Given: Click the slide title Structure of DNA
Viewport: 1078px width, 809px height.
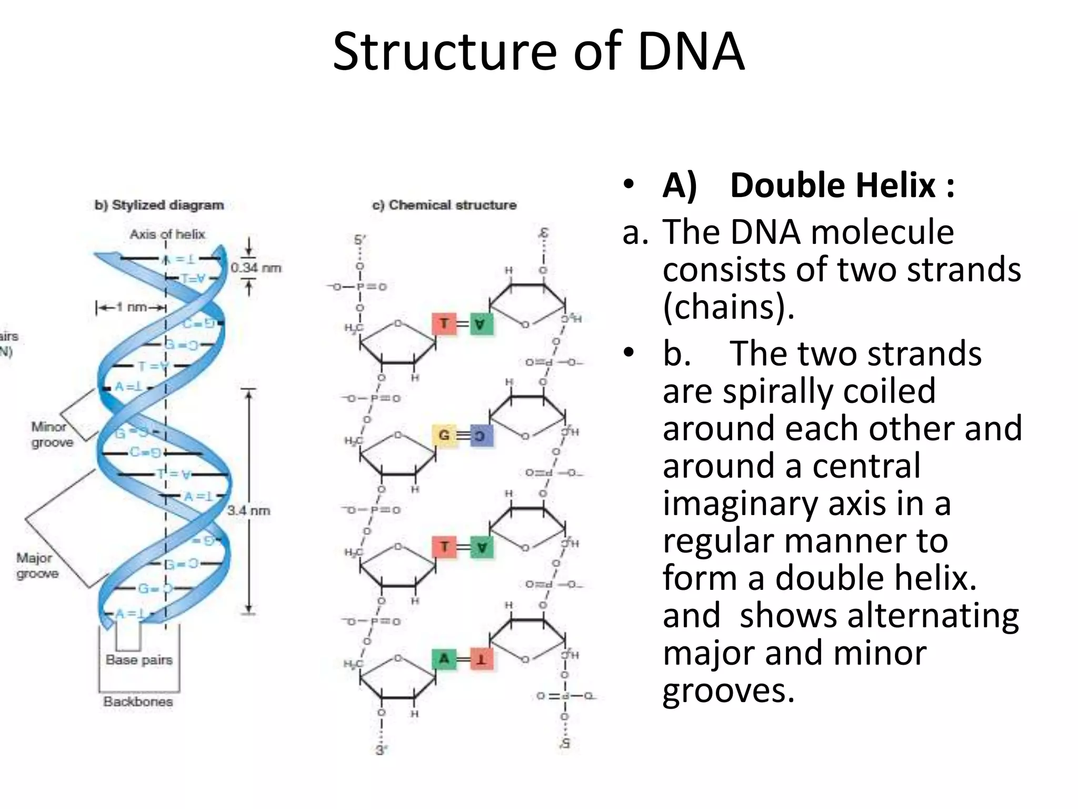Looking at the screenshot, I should click(x=538, y=52).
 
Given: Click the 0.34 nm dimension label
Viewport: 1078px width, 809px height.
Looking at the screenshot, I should click(x=256, y=268).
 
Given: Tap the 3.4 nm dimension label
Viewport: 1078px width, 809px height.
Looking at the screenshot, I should click(x=248, y=510).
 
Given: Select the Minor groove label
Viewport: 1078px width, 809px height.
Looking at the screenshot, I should click(x=52, y=434).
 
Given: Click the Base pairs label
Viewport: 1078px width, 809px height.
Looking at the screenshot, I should click(x=139, y=659).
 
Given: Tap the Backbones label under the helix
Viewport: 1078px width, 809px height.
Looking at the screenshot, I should click(x=138, y=702).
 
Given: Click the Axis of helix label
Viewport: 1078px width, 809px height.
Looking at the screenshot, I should click(x=167, y=234).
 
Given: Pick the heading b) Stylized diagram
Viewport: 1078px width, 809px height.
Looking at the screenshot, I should click(x=159, y=205).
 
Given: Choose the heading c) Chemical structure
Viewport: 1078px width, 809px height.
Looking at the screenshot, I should click(x=444, y=205).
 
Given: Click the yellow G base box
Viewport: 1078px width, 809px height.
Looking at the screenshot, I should click(x=444, y=436).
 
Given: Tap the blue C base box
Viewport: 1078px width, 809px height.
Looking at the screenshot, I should click(x=480, y=436).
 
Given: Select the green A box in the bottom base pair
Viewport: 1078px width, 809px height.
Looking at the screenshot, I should click(x=444, y=658).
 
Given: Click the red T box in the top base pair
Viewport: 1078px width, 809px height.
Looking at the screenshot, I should click(x=444, y=323).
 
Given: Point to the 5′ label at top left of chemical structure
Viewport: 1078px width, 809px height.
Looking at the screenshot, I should click(x=360, y=240).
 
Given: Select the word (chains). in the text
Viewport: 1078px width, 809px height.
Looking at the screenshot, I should click(x=728, y=307).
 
